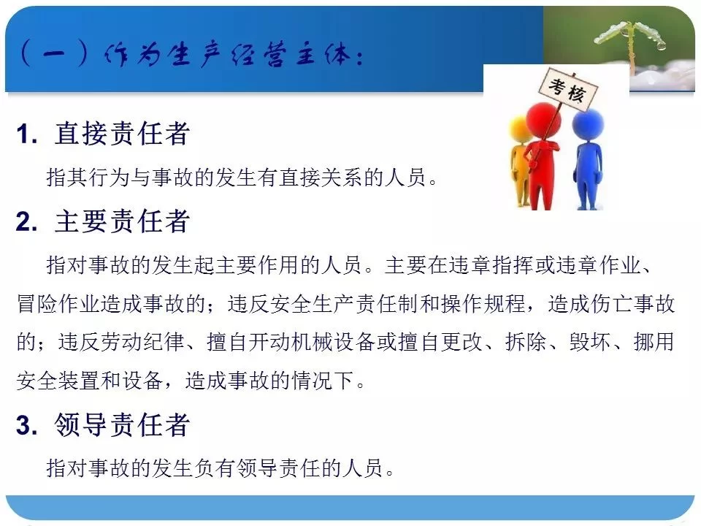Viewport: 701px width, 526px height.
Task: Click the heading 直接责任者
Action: [122, 133]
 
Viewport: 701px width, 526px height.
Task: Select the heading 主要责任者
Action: [122, 221]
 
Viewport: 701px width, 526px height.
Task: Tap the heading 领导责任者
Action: [122, 424]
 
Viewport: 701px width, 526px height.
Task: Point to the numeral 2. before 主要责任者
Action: [27, 222]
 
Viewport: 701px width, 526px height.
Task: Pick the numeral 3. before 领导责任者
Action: [27, 424]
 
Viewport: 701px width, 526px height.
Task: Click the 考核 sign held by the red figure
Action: [567, 89]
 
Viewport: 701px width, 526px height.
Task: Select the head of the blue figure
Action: [588, 123]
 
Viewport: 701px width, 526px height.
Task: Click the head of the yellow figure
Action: [520, 130]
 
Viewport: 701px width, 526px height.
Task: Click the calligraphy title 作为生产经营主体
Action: [233, 55]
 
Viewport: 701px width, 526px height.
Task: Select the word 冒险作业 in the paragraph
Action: [58, 304]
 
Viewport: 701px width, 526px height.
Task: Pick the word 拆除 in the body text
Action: [526, 342]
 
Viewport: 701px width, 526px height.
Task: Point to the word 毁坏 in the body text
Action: [590, 342]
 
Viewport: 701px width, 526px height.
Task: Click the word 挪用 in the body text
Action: [654, 342]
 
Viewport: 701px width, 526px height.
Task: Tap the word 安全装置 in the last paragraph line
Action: [58, 381]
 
